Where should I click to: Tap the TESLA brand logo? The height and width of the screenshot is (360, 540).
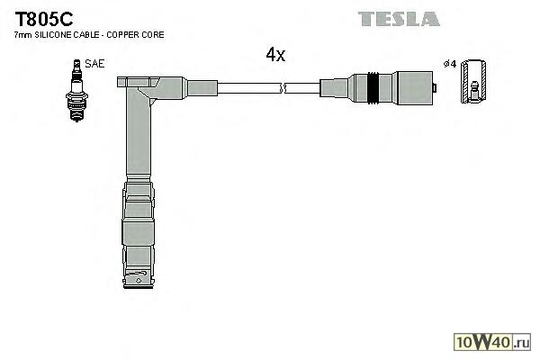coord(399,18)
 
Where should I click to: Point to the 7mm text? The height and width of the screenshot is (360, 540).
coord(21,34)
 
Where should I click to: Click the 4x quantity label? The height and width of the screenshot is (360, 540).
coord(274,55)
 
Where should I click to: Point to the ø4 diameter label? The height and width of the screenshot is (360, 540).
coord(450,64)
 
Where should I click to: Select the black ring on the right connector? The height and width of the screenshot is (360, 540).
coord(372,87)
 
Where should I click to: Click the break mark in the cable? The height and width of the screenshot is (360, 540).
coord(283,87)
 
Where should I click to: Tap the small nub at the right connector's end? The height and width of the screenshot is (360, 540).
coord(435,87)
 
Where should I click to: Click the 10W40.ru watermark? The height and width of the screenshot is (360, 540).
coord(494,342)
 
